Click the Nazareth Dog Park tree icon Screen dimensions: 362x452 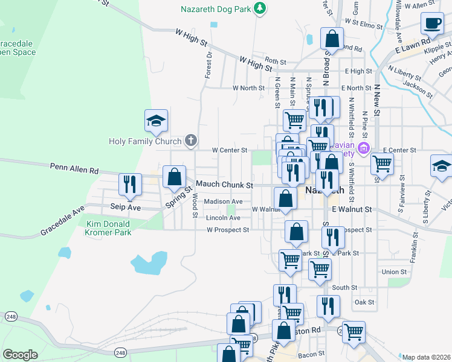pyautogui.click(x=260, y=8)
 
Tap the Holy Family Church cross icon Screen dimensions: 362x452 pyautogui.click(x=190, y=141)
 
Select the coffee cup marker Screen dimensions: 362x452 pyautogui.click(x=432, y=24)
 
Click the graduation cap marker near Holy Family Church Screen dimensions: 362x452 pyautogui.click(x=155, y=121)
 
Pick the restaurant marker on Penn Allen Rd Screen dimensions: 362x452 pyautogui.click(x=129, y=184)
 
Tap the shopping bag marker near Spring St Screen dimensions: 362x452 pyautogui.click(x=174, y=177)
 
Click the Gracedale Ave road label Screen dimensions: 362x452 pyautogui.click(x=63, y=222)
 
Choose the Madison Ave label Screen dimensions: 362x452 pyautogui.click(x=223, y=202)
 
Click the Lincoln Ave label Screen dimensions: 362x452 pyautogui.click(x=223, y=218)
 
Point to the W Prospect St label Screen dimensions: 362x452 pyautogui.click(x=228, y=230)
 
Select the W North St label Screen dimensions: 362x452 pyautogui.click(x=248, y=87)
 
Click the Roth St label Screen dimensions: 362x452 pyautogui.click(x=275, y=61)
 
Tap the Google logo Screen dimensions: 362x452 pyautogui.click(x=20, y=354)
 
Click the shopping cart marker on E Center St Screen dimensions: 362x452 pyautogui.click(x=382, y=162)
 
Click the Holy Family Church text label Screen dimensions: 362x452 pyautogui.click(x=145, y=142)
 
